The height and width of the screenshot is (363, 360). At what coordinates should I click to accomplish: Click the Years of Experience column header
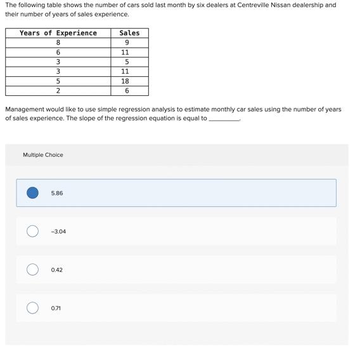point(58,33)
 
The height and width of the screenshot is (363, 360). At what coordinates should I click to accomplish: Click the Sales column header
point(129,33)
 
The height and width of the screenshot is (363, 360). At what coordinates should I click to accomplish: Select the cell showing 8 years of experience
point(58,43)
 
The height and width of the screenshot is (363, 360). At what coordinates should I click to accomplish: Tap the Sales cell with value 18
point(125,81)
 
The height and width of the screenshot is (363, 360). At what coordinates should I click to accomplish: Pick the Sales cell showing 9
point(127,43)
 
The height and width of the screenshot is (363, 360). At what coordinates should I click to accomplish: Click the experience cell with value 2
point(58,91)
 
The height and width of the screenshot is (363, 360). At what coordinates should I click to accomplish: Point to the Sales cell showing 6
point(127,91)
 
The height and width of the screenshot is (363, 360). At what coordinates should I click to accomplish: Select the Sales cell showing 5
point(127,62)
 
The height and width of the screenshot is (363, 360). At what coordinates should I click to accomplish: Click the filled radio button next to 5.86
point(32,193)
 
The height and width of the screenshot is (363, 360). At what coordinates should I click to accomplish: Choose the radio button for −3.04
point(32,232)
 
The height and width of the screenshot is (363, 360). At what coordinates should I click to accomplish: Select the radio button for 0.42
point(32,270)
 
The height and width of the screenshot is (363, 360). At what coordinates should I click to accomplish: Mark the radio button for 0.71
point(32,308)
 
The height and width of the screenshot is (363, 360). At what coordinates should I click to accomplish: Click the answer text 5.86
point(57,193)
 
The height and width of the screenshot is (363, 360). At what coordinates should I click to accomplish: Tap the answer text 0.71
point(56,308)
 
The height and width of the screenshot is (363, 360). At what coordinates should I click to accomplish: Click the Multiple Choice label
point(43,155)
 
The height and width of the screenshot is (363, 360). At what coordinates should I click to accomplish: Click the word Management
point(25,109)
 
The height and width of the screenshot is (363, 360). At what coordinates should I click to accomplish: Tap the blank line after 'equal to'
point(224,119)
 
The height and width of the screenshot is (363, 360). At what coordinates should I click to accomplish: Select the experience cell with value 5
point(58,81)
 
